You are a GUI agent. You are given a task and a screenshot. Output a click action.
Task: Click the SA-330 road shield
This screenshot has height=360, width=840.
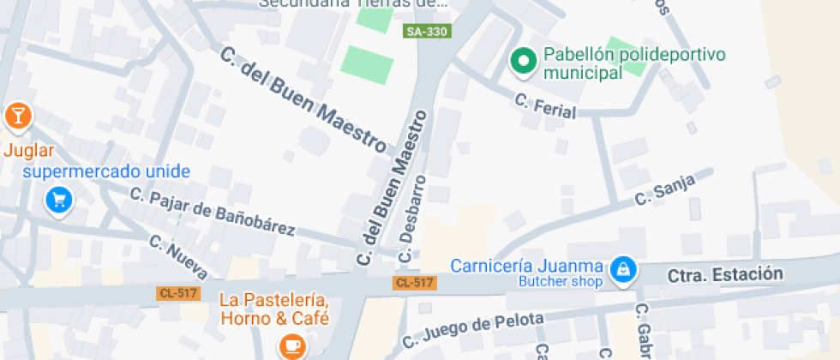[x=427, y=31]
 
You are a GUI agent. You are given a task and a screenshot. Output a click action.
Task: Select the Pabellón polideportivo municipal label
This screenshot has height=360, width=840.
[x=634, y=64]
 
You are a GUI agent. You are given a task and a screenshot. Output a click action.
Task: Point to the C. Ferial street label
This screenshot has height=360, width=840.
[x=545, y=106]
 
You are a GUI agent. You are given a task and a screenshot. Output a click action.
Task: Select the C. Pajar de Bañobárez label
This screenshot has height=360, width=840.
[x=213, y=212]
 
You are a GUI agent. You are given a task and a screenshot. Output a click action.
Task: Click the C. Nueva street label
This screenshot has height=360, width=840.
[x=178, y=256]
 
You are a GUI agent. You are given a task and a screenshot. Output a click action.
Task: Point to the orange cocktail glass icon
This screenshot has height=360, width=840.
[x=16, y=115]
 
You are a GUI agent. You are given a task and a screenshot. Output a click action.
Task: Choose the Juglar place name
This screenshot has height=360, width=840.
[x=29, y=151]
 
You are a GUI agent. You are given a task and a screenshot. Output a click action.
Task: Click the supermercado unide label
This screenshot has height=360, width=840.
[x=106, y=171]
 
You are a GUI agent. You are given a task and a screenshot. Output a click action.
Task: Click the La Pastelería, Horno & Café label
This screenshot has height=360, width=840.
[x=274, y=309]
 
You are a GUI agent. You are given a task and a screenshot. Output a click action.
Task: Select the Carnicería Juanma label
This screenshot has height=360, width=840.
[x=527, y=265]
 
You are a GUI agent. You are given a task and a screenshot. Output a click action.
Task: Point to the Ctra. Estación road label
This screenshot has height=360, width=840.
[x=725, y=275]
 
